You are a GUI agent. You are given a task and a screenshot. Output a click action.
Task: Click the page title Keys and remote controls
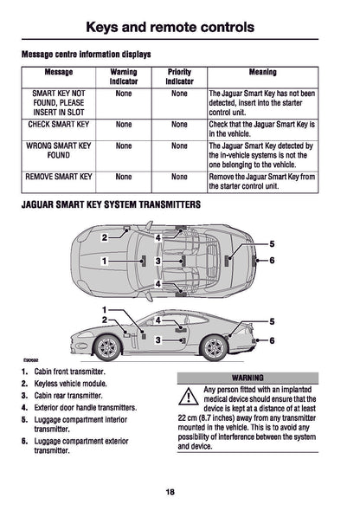pyautogui.click(x=180, y=27)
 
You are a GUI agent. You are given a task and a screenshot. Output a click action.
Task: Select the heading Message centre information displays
pyautogui.click(x=86, y=55)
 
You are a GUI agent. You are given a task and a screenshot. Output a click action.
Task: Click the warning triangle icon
pyautogui.click(x=186, y=398)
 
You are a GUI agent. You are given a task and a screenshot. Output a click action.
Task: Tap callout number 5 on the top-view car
pyautogui.click(x=272, y=245)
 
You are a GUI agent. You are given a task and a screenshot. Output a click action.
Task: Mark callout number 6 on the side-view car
pyautogui.click(x=272, y=341)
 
